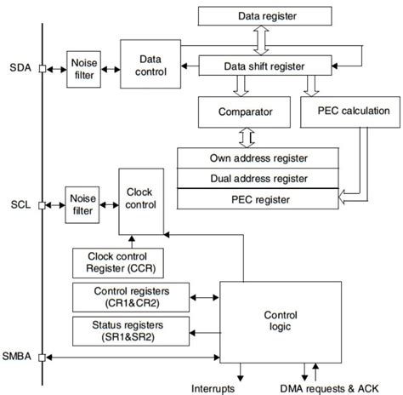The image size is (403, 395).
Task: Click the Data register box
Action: (x=279, y=14)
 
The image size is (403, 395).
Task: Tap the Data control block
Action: (x=150, y=65)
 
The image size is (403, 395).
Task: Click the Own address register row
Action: (x=257, y=158)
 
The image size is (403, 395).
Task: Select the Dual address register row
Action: (x=257, y=179)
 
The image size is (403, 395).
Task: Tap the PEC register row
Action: (x=257, y=199)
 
